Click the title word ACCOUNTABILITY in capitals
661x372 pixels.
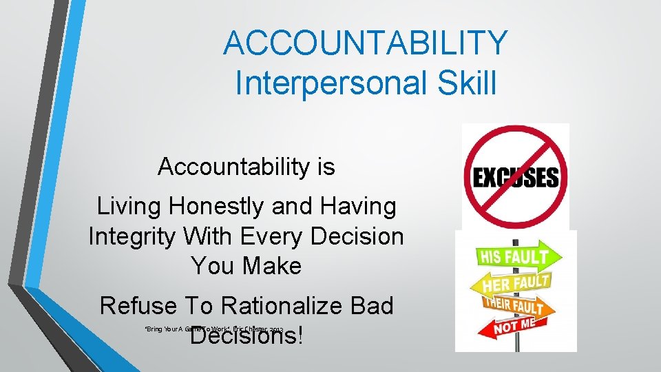pyautogui.click(x=365, y=43)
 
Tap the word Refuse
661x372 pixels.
pyautogui.click(x=138, y=306)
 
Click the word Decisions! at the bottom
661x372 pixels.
pyautogui.click(x=246, y=337)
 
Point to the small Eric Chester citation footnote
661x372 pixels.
pyautogui.click(x=213, y=329)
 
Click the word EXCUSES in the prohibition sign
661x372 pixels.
pyautogui.click(x=515, y=178)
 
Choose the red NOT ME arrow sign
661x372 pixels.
pyautogui.click(x=516, y=327)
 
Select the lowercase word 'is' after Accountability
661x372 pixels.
pyautogui.click(x=324, y=166)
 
